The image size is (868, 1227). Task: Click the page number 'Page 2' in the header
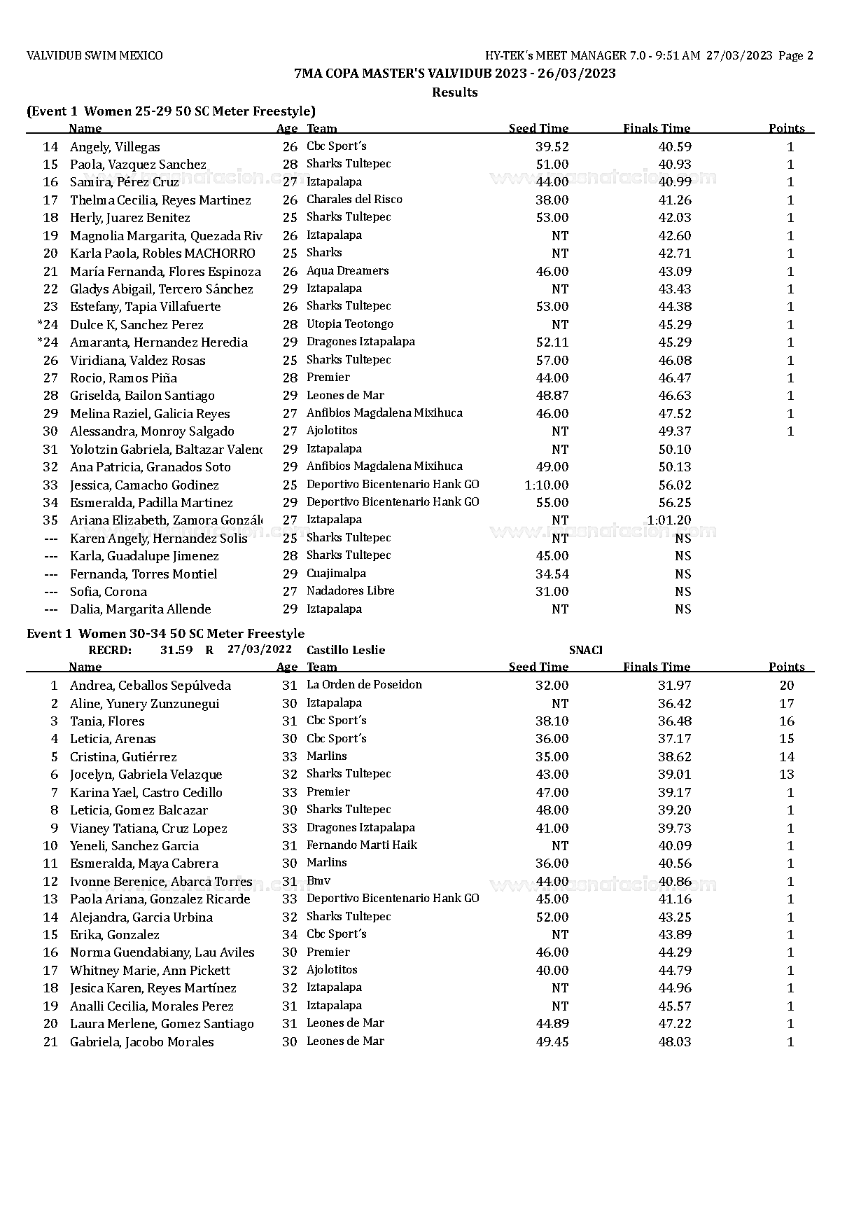[x=795, y=56]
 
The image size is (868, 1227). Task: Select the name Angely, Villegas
[x=115, y=147]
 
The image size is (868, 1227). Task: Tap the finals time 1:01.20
[x=668, y=520]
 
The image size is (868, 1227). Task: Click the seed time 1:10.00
[x=547, y=485]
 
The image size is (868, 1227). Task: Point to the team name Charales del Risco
[x=354, y=200]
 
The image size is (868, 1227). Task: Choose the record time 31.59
[x=176, y=650]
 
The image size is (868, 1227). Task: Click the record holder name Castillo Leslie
[x=346, y=650]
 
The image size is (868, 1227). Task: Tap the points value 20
[x=786, y=686]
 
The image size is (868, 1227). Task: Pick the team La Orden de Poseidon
[x=364, y=685]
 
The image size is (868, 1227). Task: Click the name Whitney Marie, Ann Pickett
[x=150, y=971]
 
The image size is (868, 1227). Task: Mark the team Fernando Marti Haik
[x=361, y=845]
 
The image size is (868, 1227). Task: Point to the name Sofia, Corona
[x=108, y=592]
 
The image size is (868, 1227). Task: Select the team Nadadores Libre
[x=350, y=591]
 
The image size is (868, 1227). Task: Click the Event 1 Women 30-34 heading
[x=165, y=634]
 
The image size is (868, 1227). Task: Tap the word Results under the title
[x=454, y=92]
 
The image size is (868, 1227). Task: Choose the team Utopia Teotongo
[x=349, y=324]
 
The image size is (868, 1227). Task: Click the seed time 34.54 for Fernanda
[x=552, y=574]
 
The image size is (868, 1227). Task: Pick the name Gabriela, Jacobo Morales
[x=141, y=1042]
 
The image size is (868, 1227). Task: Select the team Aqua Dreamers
[x=347, y=271]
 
